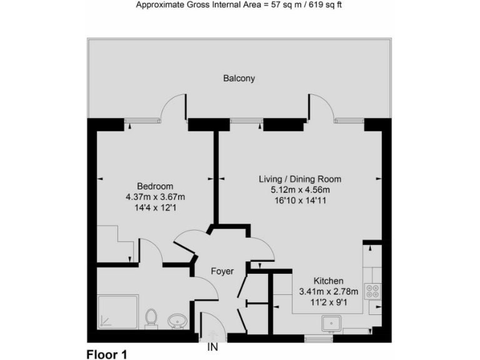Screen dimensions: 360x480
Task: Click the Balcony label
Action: [x=239, y=79]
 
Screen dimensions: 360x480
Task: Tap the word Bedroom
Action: [x=155, y=186]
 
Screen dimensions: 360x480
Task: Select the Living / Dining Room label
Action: [x=300, y=179]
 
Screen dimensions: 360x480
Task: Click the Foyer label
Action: [x=222, y=271]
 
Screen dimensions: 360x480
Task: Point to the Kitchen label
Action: [x=328, y=281]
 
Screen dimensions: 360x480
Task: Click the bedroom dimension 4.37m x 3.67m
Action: [x=155, y=197]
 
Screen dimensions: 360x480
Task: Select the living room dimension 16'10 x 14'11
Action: [x=300, y=201]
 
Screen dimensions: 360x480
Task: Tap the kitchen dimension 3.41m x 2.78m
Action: [x=328, y=292]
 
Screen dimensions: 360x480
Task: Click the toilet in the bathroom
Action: [x=151, y=318]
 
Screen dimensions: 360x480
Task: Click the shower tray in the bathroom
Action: [x=117, y=312]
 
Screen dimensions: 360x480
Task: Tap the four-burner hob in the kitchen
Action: [x=373, y=291]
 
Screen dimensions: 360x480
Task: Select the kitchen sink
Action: [x=331, y=323]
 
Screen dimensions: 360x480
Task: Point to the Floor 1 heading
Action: [x=106, y=354]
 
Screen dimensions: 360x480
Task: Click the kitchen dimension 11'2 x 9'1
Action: [x=328, y=302]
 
